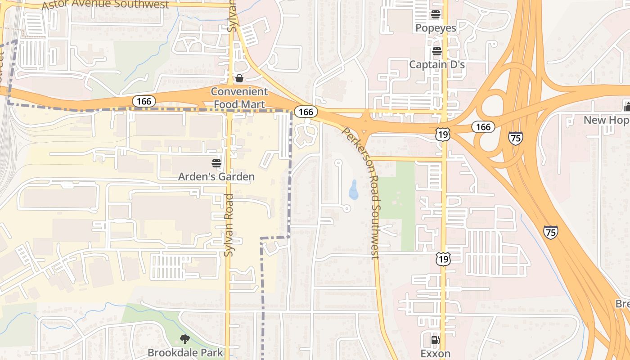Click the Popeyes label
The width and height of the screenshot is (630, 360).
click(x=436, y=28)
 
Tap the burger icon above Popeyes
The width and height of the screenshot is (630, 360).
click(x=435, y=14)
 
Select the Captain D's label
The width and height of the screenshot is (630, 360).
click(x=436, y=65)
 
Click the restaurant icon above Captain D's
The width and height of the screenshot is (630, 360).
click(x=436, y=51)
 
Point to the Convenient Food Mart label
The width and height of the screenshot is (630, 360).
click(x=239, y=98)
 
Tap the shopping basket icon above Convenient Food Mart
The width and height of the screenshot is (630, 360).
click(x=239, y=79)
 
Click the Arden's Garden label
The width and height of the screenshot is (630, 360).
click(x=216, y=177)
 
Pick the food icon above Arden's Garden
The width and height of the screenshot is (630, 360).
click(x=216, y=163)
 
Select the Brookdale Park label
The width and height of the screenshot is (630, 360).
click(x=185, y=352)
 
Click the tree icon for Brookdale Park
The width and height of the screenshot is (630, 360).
click(x=184, y=339)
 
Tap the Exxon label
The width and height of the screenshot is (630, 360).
click(x=436, y=353)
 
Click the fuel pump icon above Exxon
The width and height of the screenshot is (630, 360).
click(x=435, y=340)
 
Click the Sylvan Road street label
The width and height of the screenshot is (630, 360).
click(x=229, y=225)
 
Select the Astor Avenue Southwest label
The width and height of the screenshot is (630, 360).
click(x=105, y=5)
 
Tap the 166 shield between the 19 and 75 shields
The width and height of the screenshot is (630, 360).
click(x=483, y=127)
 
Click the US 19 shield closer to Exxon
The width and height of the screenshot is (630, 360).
click(x=443, y=258)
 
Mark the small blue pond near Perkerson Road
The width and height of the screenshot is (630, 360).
click(x=354, y=190)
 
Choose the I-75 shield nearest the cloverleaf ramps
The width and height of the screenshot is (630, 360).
click(x=516, y=138)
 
